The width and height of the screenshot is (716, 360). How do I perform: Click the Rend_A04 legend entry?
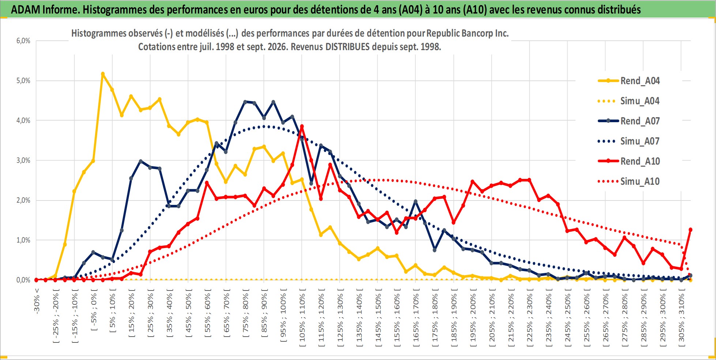click(x=629, y=81)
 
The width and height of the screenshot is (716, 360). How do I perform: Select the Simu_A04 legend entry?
click(x=629, y=101)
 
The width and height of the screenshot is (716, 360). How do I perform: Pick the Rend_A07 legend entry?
click(x=629, y=121)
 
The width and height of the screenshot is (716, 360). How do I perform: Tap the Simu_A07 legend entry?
click(x=629, y=141)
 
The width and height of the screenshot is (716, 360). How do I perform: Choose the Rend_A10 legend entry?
click(x=629, y=161)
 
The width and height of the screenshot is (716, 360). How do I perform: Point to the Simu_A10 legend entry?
click(x=629, y=181)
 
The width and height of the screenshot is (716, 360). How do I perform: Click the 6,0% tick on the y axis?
click(x=23, y=41)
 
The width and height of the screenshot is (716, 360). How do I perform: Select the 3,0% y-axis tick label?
click(x=23, y=160)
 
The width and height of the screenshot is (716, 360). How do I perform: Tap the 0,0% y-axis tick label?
click(x=23, y=280)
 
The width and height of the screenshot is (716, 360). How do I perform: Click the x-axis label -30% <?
click(x=37, y=301)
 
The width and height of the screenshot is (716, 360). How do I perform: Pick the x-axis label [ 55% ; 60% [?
click(x=207, y=313)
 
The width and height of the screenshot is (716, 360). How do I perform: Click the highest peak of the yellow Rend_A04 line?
click(x=103, y=74)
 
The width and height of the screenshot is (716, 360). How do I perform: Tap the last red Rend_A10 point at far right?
click(x=690, y=230)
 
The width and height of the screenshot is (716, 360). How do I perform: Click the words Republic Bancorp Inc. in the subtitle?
click(x=467, y=33)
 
